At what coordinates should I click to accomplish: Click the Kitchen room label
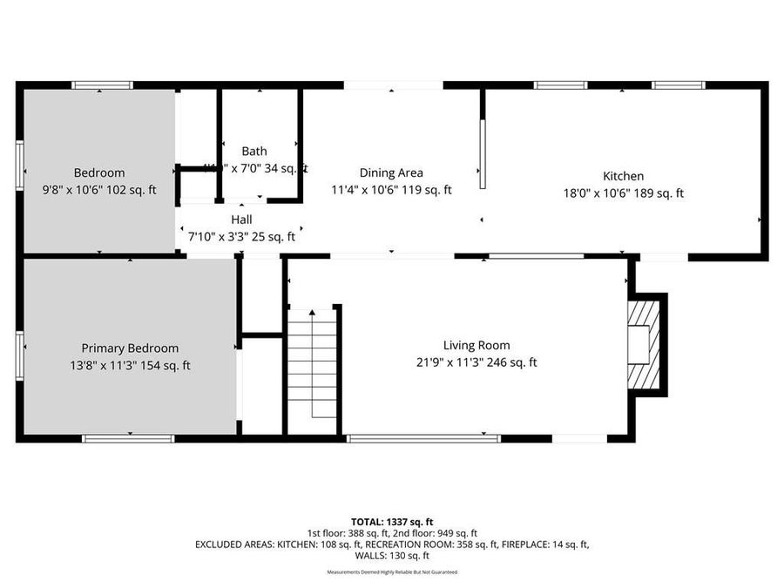(x=623, y=176)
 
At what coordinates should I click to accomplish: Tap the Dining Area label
(x=391, y=172)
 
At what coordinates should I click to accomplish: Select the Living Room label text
(x=476, y=345)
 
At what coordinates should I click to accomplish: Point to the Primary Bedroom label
(x=130, y=348)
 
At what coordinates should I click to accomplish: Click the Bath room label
(x=254, y=151)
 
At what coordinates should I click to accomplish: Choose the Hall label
(x=241, y=220)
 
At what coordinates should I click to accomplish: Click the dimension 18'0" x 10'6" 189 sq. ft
(x=623, y=193)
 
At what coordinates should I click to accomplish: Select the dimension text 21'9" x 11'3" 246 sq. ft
(x=476, y=362)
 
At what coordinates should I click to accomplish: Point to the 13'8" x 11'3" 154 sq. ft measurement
(x=130, y=365)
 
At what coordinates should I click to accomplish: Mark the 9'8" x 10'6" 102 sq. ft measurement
(x=99, y=190)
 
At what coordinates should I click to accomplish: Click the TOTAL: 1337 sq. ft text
(x=391, y=522)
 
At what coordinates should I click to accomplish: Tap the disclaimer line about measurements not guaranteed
(x=391, y=572)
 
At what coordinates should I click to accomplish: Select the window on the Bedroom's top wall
(x=102, y=85)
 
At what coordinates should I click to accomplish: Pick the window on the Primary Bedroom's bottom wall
(x=128, y=438)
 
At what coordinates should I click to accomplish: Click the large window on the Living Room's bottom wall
(x=423, y=438)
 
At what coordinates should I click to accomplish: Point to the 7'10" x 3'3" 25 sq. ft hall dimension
(x=241, y=236)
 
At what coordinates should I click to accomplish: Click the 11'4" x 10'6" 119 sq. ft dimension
(x=391, y=190)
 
